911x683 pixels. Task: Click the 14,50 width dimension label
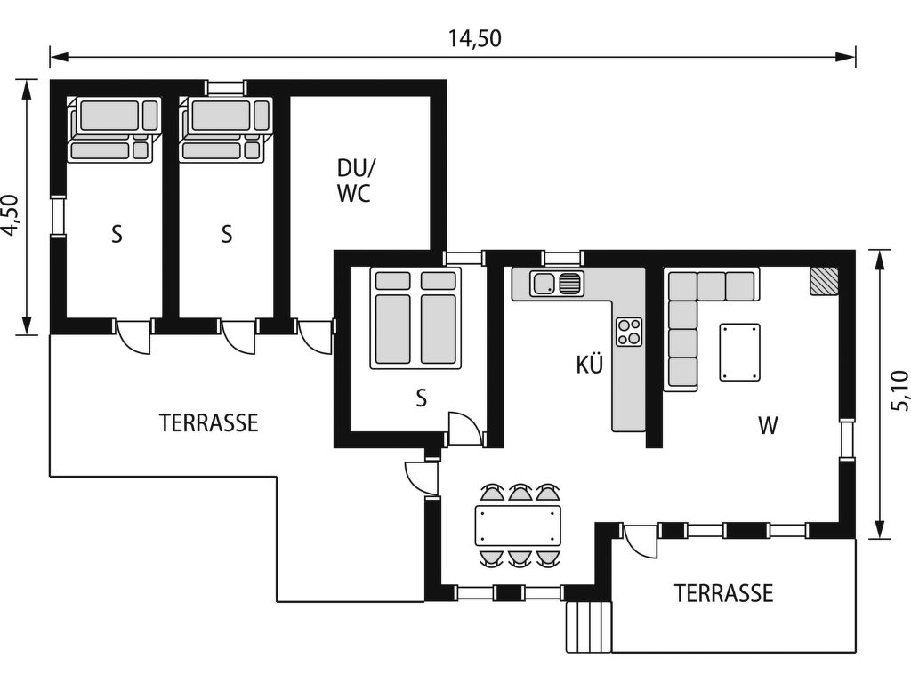[x=474, y=39]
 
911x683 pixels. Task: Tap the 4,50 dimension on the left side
[x=10, y=215]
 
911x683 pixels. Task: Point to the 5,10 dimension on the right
[x=899, y=390]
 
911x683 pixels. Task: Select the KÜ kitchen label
[x=589, y=365]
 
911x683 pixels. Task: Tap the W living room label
[x=768, y=426]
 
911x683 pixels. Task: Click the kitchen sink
[x=557, y=284]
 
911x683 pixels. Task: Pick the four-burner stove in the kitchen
[x=629, y=332]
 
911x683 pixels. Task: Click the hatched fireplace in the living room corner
[x=825, y=281]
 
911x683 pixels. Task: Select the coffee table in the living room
[x=739, y=352]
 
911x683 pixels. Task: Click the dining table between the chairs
[x=519, y=526]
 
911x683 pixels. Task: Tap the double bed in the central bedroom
[x=415, y=317]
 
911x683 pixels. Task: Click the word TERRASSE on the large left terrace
[x=208, y=422]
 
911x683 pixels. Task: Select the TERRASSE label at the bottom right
[x=723, y=593]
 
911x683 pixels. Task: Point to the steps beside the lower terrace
[x=589, y=627]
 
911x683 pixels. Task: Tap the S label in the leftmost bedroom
[x=117, y=234]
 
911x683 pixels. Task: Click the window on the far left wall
[x=58, y=217]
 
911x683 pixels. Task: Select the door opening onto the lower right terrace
[x=640, y=541]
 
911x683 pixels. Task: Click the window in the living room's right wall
[x=848, y=439]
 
